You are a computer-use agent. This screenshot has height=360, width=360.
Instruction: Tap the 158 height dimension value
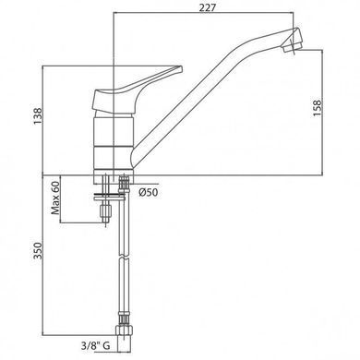(x=317, y=108)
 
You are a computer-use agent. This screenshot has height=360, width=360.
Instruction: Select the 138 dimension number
(x=38, y=116)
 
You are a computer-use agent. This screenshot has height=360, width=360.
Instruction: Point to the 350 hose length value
(x=38, y=251)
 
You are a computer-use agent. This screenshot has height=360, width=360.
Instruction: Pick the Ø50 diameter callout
(x=149, y=193)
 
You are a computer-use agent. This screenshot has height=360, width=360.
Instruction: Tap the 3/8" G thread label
(x=95, y=346)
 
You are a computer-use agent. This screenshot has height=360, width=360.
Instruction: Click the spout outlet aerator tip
(x=293, y=46)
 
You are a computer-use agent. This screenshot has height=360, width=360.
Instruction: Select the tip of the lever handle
(x=180, y=69)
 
